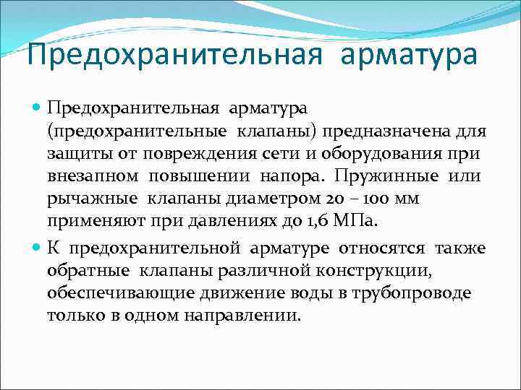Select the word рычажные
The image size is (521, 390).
(93, 199)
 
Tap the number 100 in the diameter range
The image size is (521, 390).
(370, 199)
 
